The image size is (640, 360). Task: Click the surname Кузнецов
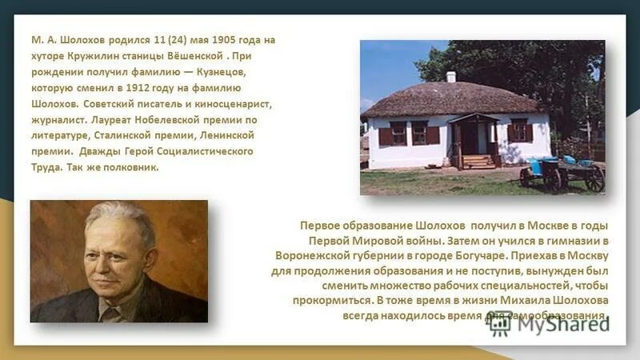[222, 71]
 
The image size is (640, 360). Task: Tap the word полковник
[131, 167]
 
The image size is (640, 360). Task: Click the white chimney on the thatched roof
[450, 77]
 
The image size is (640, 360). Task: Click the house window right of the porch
[518, 130]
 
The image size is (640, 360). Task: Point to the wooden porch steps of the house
[478, 161]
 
